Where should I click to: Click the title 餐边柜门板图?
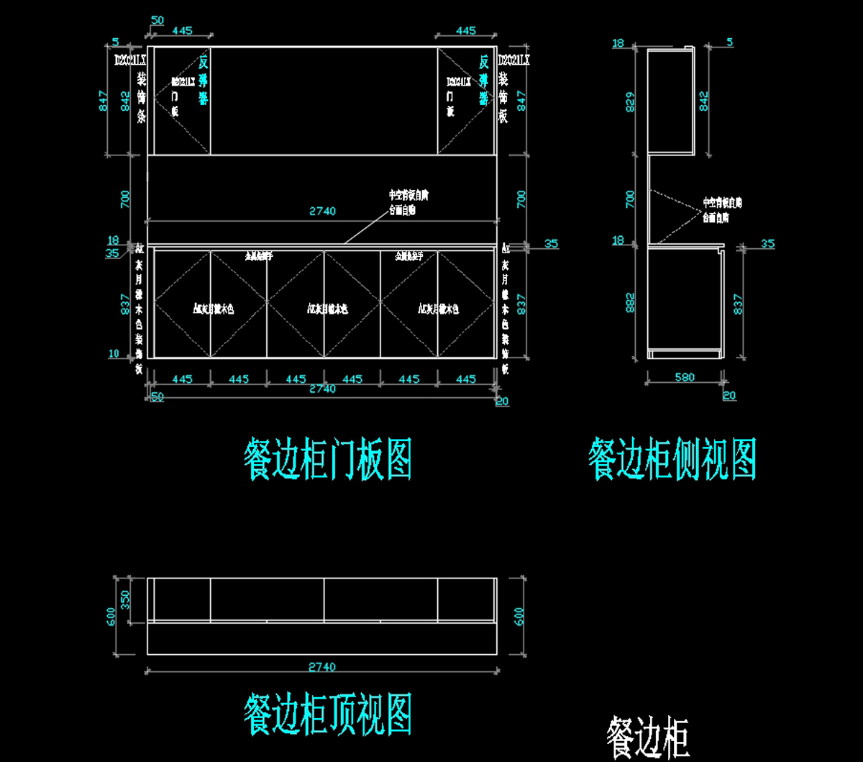[x=328, y=461]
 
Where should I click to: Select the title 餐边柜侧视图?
[x=672, y=460]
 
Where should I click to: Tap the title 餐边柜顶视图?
[x=328, y=714]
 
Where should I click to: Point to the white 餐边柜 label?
[x=648, y=738]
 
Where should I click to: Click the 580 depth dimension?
[x=685, y=377]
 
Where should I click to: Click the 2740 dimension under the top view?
[x=321, y=667]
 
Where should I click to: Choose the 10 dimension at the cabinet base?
[x=114, y=353]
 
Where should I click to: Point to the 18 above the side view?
[x=618, y=44]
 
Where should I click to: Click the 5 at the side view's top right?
[x=730, y=42]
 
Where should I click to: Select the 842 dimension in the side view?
[x=704, y=101]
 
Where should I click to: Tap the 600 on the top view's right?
[x=519, y=616]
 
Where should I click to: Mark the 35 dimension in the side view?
[x=767, y=244]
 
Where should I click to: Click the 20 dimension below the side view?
[x=729, y=395]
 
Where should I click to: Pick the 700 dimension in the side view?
[x=629, y=199]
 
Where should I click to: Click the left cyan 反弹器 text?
[x=204, y=78]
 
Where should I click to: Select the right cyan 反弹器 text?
[x=484, y=78]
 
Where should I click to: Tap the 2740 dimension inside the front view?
[x=323, y=212]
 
